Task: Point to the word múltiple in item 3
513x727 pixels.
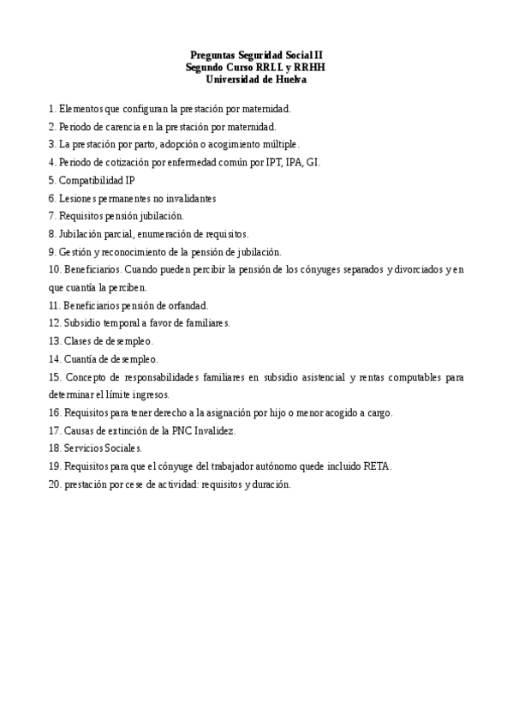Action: pyautogui.click(x=279, y=144)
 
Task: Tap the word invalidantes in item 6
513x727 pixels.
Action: pyautogui.click(x=189, y=198)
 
